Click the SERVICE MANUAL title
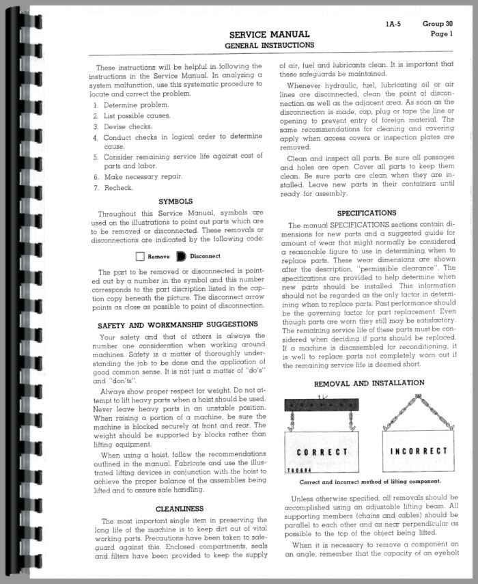(270, 34)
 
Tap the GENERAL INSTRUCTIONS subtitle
(270, 45)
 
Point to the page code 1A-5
(394, 24)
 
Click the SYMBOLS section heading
(175, 201)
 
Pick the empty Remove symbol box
(140, 257)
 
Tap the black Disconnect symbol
(181, 257)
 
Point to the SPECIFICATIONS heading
(367, 213)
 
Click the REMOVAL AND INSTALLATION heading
(369, 383)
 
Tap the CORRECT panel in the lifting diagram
(322, 451)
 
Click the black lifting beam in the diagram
(321, 404)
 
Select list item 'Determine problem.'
(132, 105)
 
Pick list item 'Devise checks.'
(128, 126)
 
